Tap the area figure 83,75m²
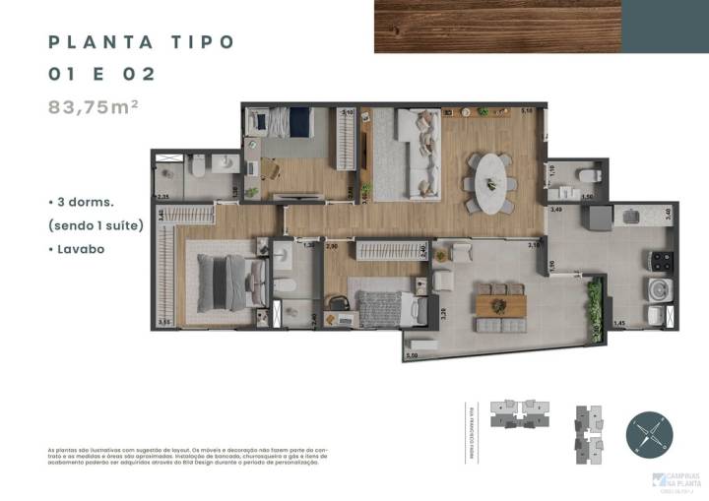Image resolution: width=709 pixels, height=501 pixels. click(93, 107)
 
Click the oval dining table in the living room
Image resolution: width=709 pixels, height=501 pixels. click(489, 182)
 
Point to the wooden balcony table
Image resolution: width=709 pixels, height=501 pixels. click(501, 305)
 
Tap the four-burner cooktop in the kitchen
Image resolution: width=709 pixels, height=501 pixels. click(660, 261)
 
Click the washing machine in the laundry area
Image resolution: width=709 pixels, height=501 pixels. click(658, 289)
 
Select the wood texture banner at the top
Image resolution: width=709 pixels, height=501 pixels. click(497, 26)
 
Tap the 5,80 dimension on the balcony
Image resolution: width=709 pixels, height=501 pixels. click(413, 354)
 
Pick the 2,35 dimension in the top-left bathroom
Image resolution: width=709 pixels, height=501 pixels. click(163, 198)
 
